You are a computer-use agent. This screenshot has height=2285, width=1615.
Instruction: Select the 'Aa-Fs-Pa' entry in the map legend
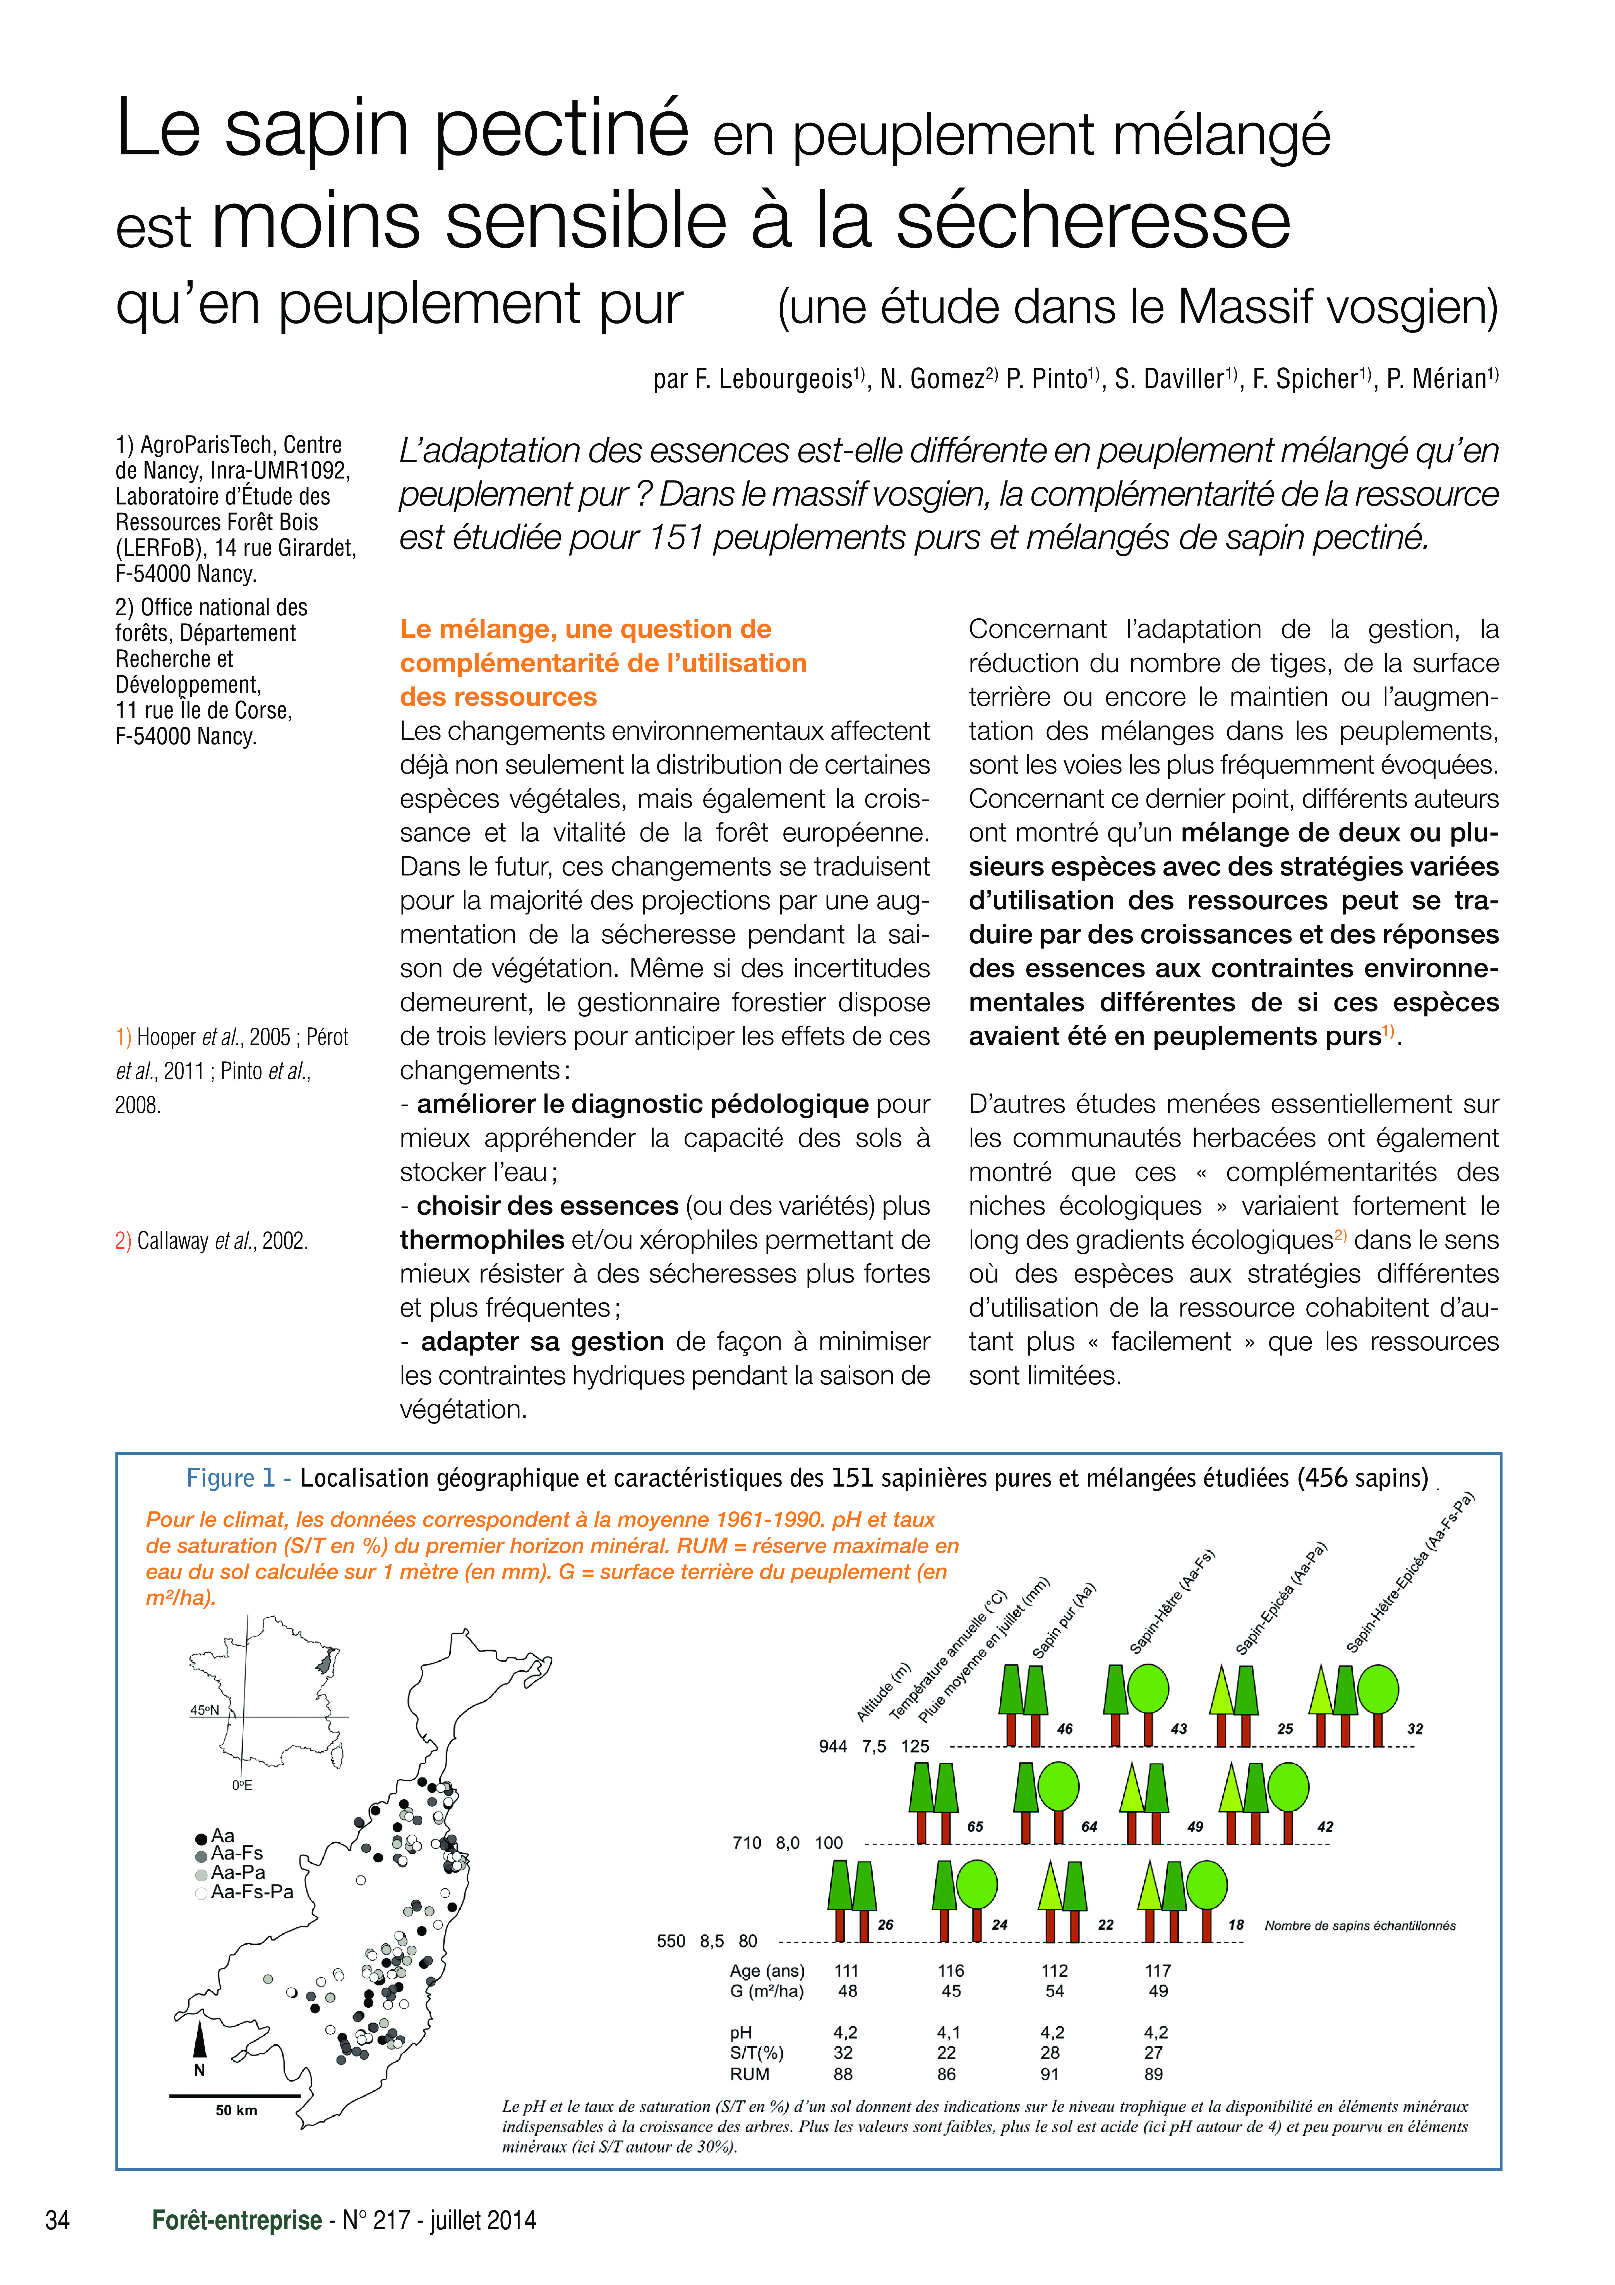(x=252, y=1891)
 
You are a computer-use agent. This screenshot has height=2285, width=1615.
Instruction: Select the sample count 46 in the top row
(x=1065, y=1729)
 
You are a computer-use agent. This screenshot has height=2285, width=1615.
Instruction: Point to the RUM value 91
(x=1050, y=2074)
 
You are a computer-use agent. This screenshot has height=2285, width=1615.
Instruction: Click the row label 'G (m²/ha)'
(x=766, y=1991)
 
